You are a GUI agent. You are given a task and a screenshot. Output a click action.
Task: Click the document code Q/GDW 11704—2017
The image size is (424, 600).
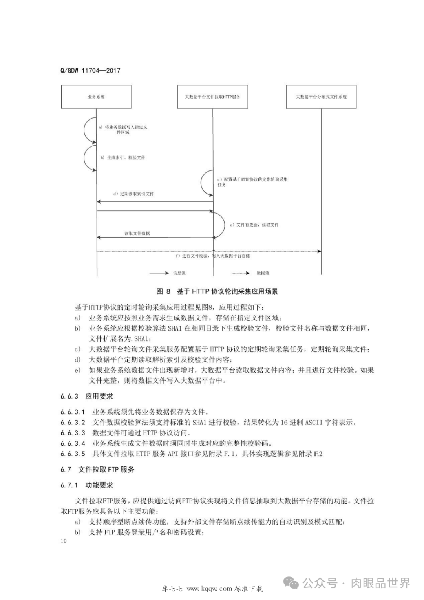click(x=90, y=71)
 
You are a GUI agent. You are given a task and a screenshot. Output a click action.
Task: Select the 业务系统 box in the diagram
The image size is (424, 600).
click(x=96, y=97)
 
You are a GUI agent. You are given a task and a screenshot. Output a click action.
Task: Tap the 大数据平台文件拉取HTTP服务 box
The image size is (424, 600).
click(x=212, y=97)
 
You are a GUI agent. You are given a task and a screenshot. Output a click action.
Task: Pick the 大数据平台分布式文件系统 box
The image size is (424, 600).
click(x=321, y=97)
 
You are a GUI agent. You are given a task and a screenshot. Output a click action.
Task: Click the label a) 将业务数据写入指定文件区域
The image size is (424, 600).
click(x=123, y=130)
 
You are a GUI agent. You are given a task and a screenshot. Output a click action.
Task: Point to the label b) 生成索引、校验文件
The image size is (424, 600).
click(x=122, y=158)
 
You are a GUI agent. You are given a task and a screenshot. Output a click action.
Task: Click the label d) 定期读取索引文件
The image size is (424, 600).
click(x=133, y=194)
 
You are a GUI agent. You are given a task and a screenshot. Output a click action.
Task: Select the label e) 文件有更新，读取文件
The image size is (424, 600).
click(x=254, y=225)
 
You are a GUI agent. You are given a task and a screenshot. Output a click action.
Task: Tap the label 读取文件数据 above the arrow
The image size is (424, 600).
click(x=137, y=233)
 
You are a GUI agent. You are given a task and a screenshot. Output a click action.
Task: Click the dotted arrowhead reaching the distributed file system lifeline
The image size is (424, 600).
click(x=319, y=251)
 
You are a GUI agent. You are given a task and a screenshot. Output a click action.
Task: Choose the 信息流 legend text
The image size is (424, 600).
click(x=179, y=273)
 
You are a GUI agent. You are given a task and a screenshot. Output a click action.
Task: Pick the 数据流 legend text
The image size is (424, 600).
click(x=263, y=273)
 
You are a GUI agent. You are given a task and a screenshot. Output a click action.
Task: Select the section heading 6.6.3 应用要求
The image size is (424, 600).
click(x=87, y=397)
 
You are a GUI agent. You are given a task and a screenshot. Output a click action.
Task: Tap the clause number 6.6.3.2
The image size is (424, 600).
click(x=73, y=423)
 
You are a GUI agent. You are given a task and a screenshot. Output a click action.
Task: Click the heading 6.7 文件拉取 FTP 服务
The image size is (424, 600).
click(x=97, y=470)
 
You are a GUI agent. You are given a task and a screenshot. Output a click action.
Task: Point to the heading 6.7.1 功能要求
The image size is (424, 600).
click(x=87, y=485)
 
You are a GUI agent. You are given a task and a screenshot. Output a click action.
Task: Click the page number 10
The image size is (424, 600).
click(x=64, y=541)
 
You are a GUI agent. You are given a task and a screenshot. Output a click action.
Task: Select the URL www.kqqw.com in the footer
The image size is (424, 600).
click(x=209, y=589)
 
